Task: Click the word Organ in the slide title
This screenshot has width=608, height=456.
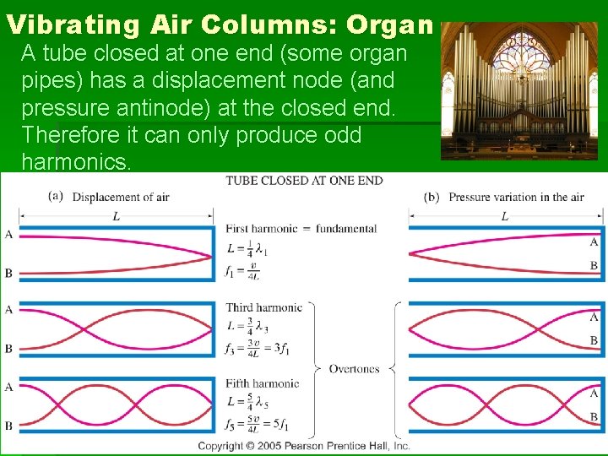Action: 388,24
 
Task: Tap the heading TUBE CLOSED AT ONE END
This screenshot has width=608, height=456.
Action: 304,181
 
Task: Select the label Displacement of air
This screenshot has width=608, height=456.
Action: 121,198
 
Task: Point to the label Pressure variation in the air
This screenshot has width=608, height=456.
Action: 516,198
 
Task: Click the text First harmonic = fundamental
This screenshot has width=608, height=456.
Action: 301,229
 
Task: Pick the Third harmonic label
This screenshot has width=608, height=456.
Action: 263,307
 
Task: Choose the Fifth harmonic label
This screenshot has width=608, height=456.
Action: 263,383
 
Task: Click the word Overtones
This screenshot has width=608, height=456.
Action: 355,369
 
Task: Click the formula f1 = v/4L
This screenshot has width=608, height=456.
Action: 243,272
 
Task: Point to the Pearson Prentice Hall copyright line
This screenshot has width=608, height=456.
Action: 304,446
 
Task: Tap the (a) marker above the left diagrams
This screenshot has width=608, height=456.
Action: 57,197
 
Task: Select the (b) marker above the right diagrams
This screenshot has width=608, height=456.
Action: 432,197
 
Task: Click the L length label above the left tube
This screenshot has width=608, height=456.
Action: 116,216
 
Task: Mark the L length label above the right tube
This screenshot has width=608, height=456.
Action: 504,216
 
